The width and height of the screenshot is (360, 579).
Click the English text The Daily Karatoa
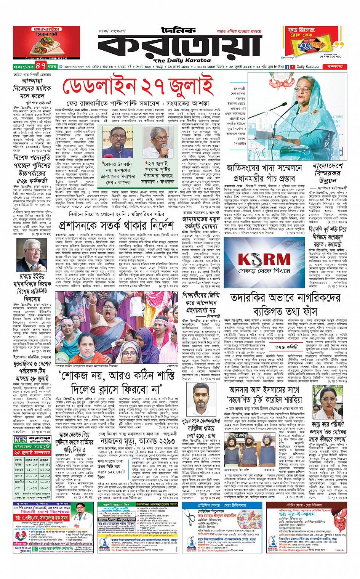(182, 60)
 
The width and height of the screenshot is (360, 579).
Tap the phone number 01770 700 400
(330, 56)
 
